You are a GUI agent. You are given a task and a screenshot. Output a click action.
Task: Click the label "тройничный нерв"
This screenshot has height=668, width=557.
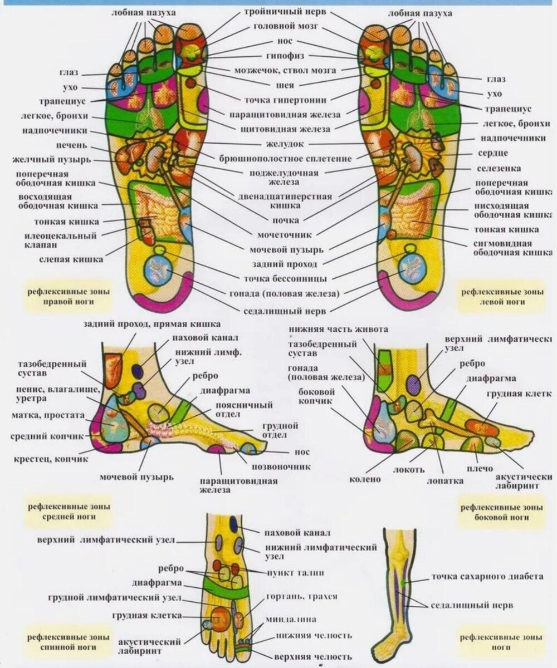point(282,12)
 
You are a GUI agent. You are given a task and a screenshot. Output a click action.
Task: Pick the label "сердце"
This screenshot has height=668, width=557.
point(492,153)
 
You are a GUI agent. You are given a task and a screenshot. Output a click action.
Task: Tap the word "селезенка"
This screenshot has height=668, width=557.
point(499,168)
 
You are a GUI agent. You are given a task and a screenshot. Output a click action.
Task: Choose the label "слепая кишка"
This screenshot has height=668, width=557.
point(71,259)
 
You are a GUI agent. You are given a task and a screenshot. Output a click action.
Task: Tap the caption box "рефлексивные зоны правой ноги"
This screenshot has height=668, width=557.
point(69,297)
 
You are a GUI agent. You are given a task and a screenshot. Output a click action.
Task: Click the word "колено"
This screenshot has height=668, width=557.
point(365,478)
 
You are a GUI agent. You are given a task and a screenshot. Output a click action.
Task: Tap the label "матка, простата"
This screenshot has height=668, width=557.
point(47,415)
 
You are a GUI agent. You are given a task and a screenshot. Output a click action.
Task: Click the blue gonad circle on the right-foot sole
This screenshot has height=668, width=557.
point(157,268)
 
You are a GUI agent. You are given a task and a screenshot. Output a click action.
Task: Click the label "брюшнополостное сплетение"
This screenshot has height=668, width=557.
point(286,159)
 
